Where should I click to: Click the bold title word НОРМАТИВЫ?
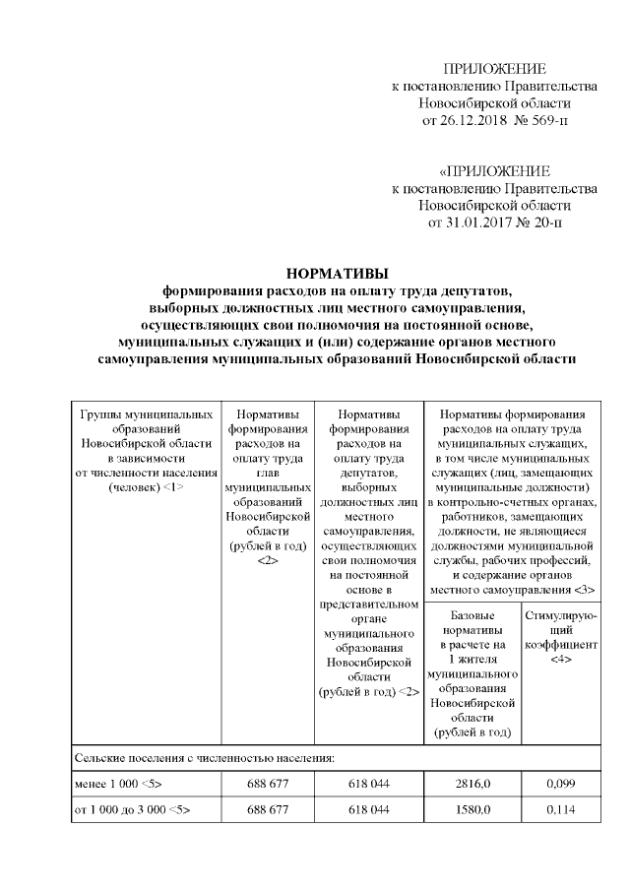pos(338,273)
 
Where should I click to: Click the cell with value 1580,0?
pos(471,811)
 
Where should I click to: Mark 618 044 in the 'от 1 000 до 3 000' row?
pos(367,811)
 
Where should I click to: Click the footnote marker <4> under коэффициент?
pos(561,657)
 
